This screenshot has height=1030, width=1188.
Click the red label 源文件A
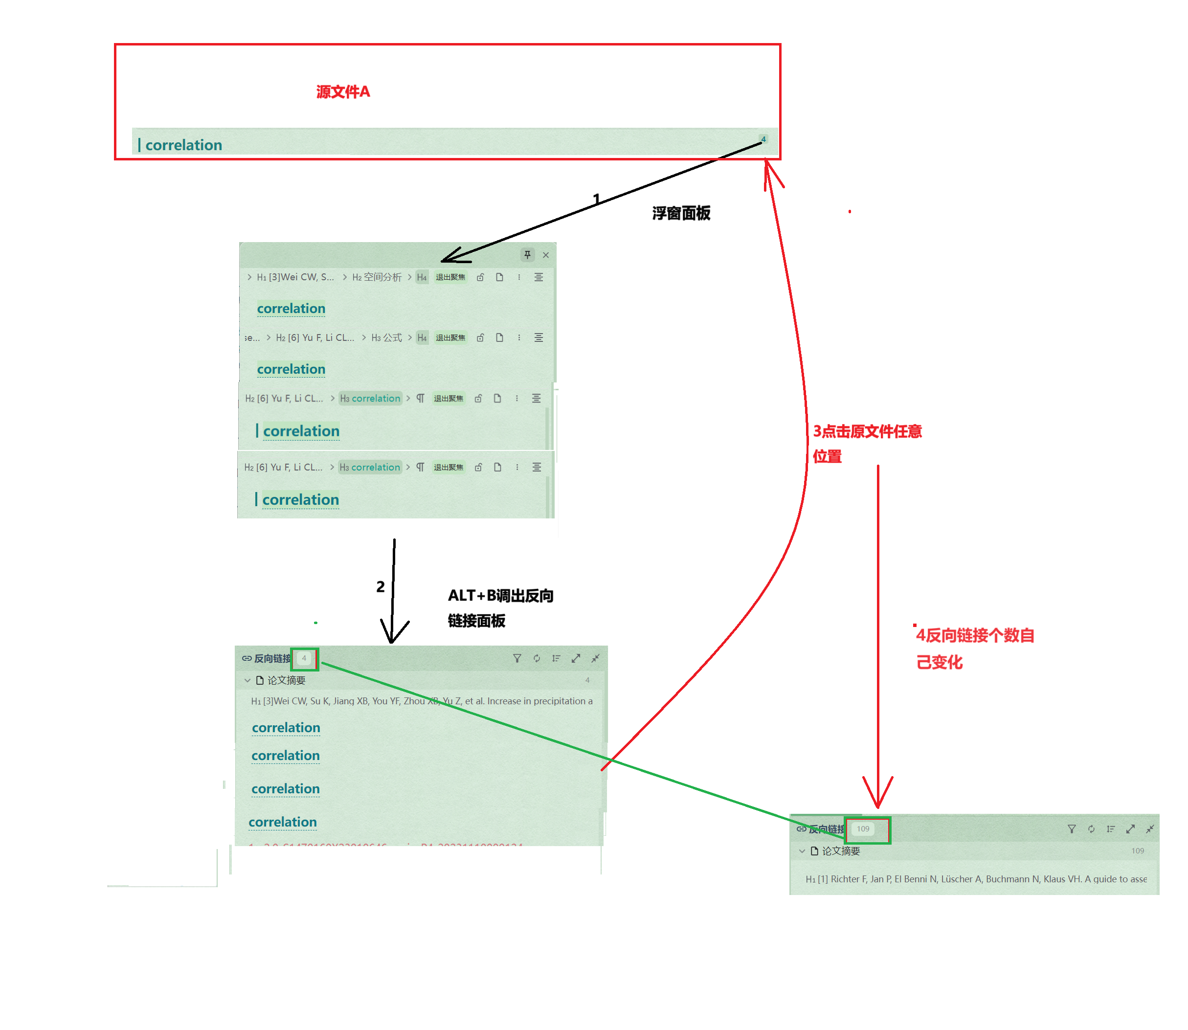[x=343, y=92]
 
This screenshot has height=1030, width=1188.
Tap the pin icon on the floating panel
[x=527, y=255]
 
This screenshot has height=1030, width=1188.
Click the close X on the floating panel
[x=545, y=255]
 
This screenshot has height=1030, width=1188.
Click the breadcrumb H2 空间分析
[x=377, y=277]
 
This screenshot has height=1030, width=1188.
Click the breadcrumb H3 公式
[x=386, y=337]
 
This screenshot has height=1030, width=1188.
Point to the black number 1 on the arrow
[x=597, y=199]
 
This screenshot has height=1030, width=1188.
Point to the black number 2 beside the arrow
[x=380, y=586]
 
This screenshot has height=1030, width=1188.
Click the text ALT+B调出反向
[x=500, y=596]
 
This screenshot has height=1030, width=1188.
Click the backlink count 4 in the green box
[x=304, y=658]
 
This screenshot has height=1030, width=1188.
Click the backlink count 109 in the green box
[x=863, y=829]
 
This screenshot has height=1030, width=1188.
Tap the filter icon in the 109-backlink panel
[x=1071, y=829]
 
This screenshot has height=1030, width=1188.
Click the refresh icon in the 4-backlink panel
[x=536, y=658]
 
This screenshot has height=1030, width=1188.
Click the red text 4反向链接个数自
[x=975, y=635]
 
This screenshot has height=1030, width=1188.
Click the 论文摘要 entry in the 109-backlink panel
[x=840, y=851]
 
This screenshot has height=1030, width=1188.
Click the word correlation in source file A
[x=183, y=145]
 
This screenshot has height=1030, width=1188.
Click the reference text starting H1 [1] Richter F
[x=975, y=879]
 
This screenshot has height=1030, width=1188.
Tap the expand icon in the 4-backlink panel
[x=575, y=658]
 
